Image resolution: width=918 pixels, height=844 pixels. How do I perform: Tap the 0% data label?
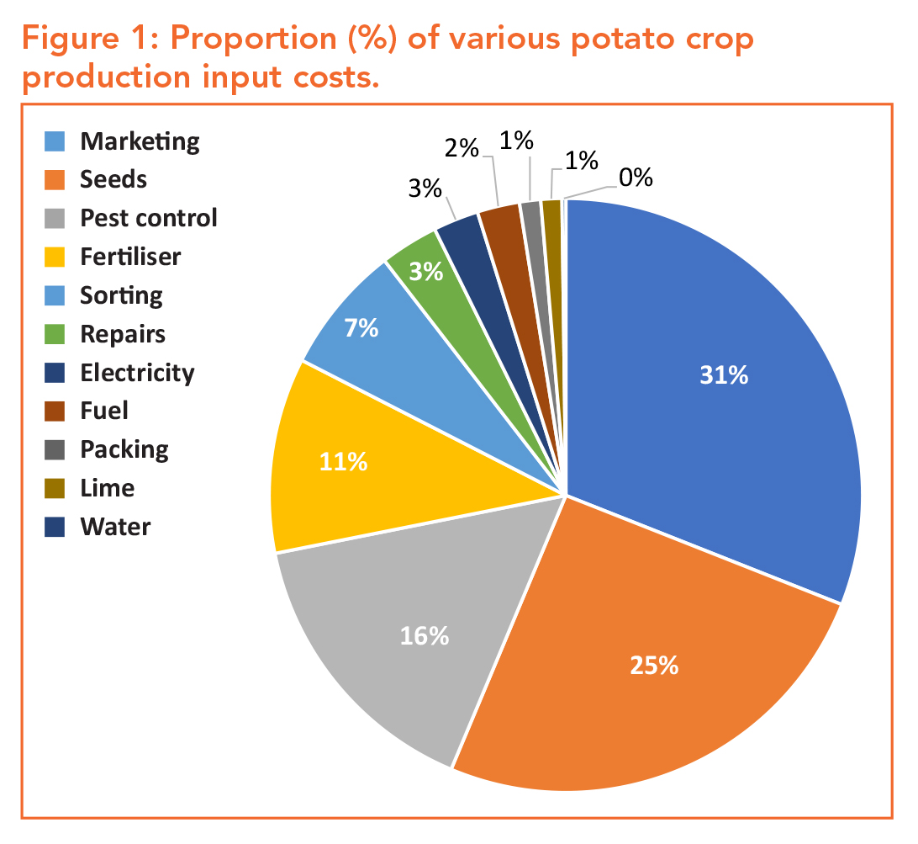636,178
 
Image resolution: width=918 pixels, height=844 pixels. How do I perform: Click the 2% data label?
462,150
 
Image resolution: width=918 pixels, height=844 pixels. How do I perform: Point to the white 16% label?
425,636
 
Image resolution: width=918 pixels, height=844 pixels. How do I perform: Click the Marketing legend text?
140,141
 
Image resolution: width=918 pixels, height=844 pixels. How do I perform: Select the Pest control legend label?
149,218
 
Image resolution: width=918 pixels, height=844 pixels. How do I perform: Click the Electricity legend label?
137,373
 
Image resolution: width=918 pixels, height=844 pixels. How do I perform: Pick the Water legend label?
115,528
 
